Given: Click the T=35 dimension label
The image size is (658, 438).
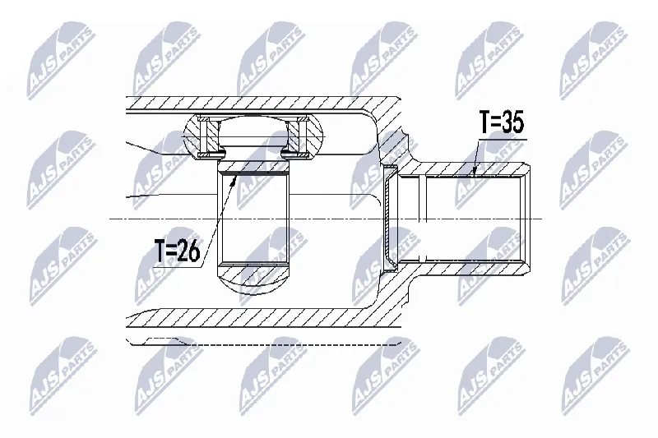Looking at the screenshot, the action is coord(502,122).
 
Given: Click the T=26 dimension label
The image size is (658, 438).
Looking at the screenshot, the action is coord(177,251).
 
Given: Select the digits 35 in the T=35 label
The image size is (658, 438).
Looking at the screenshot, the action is coord(512,122).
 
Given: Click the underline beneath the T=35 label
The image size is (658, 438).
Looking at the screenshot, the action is coord(502,138).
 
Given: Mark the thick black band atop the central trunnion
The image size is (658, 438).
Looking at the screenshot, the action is coord(253,173).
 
